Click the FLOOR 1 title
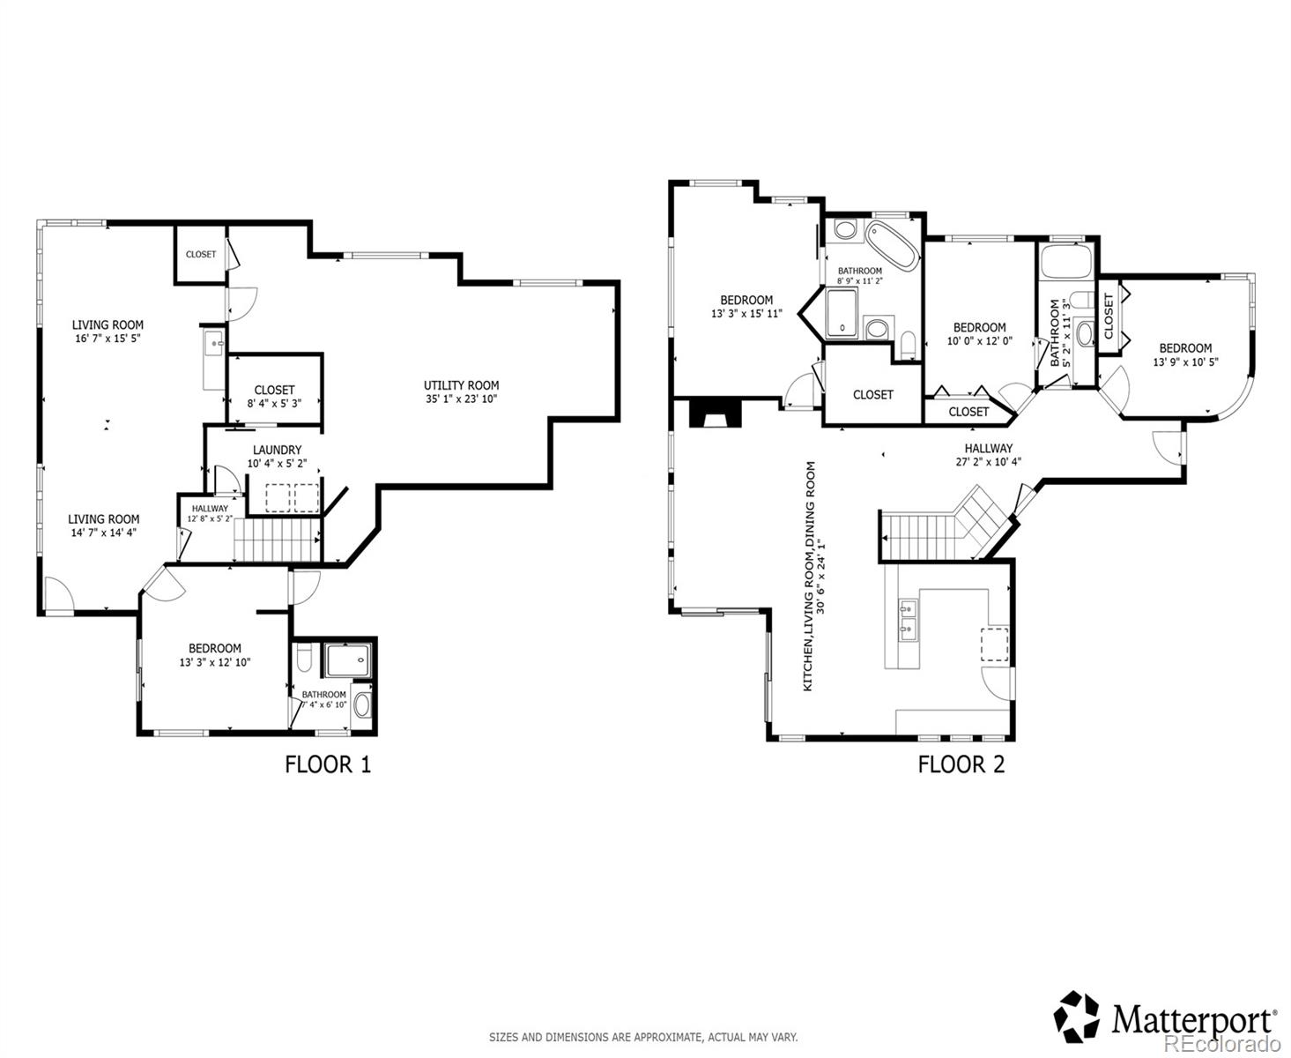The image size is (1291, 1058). (328, 764)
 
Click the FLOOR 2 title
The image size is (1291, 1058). (961, 764)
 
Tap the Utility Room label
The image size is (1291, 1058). (461, 385)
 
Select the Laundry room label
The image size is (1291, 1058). (277, 450)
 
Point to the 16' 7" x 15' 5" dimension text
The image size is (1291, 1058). (108, 339)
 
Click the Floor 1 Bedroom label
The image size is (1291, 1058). (214, 648)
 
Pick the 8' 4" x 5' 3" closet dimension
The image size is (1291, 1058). (274, 404)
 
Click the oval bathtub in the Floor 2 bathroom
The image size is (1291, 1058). (893, 246)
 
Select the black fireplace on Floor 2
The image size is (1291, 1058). (715, 413)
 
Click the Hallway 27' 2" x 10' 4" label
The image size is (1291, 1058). (988, 455)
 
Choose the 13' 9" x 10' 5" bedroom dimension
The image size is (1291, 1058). (1185, 362)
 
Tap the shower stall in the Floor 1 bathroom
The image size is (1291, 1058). (348, 659)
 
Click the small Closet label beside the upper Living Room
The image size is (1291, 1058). (201, 254)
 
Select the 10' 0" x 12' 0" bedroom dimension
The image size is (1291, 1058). (979, 340)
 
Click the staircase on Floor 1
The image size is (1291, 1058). (277, 539)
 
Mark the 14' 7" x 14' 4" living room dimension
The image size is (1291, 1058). (103, 533)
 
